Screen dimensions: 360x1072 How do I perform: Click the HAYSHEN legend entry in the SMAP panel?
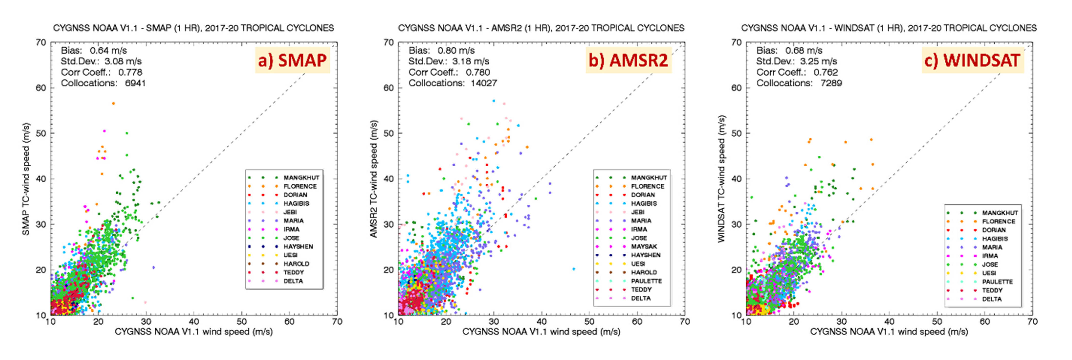pos(298,246)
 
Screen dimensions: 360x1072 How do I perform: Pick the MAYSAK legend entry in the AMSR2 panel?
pos(644,246)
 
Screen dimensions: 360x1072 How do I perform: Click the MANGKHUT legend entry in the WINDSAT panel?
pos(1000,213)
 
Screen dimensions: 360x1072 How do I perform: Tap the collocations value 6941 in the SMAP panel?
pos(135,83)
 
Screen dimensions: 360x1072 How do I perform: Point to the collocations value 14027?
pos(483,83)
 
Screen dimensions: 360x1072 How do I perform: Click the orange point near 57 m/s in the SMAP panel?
pos(113,103)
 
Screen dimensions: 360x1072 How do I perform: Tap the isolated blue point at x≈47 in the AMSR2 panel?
pos(574,269)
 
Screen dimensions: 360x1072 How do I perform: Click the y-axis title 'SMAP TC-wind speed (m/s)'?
pos(26,179)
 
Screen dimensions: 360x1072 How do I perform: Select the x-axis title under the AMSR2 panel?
pos(541,331)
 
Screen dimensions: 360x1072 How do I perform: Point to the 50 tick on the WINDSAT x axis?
pos(937,322)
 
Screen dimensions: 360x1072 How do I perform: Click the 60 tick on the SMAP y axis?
pos(41,88)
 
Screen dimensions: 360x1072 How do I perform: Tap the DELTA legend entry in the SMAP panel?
pos(293,281)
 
